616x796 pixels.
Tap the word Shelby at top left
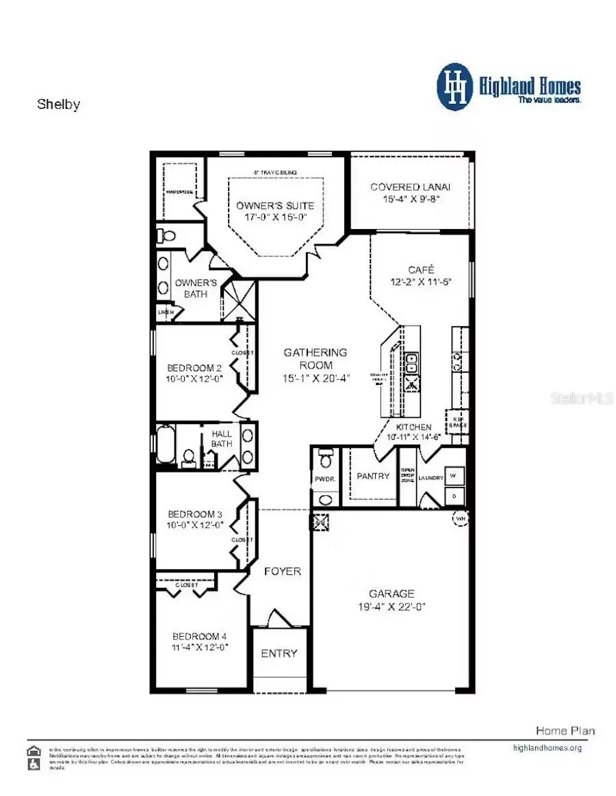tap(58, 105)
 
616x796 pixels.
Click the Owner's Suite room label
tap(275, 205)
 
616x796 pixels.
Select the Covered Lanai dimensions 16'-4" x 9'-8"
tap(410, 200)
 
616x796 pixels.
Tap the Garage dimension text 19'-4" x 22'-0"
tap(392, 607)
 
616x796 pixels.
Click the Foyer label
tap(282, 571)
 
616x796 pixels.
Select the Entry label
tap(279, 653)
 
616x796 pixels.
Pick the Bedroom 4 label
tap(200, 635)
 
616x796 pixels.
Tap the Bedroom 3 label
tap(195, 514)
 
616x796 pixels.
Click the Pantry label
tap(373, 476)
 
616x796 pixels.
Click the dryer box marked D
tap(455, 494)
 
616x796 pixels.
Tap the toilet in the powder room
tap(326, 454)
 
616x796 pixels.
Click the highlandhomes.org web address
tap(547, 747)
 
